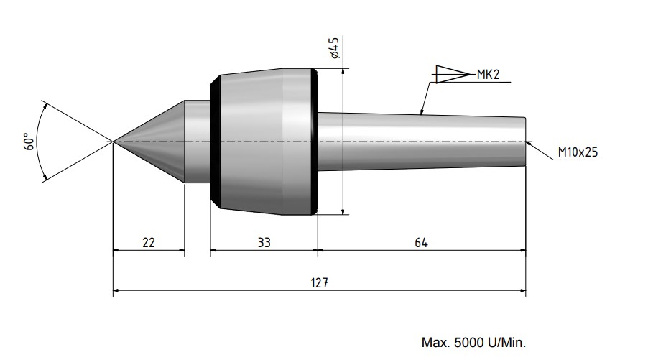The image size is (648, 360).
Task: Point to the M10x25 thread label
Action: pyautogui.click(x=578, y=152)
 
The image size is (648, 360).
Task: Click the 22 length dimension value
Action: pyautogui.click(x=149, y=243)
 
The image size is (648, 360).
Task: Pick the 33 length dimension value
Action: pyautogui.click(x=264, y=243)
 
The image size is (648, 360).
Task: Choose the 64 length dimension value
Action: pyautogui.click(x=421, y=243)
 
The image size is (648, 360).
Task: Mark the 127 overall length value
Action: pyautogui.click(x=320, y=283)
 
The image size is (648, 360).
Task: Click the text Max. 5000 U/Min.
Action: pyautogui.click(x=478, y=343)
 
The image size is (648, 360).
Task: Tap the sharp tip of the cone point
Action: pyautogui.click(x=114, y=141)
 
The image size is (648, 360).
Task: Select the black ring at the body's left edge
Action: pyautogui.click(x=213, y=141)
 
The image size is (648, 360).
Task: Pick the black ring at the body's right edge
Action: pyautogui.click(x=314, y=141)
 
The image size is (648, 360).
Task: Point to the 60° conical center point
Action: pyautogui.click(x=154, y=141)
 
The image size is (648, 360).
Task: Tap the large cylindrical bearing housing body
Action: pyautogui.click(x=262, y=141)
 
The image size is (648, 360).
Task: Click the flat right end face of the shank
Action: pyautogui.click(x=526, y=142)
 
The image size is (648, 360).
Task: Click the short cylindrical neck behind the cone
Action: pyautogui.click(x=198, y=141)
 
